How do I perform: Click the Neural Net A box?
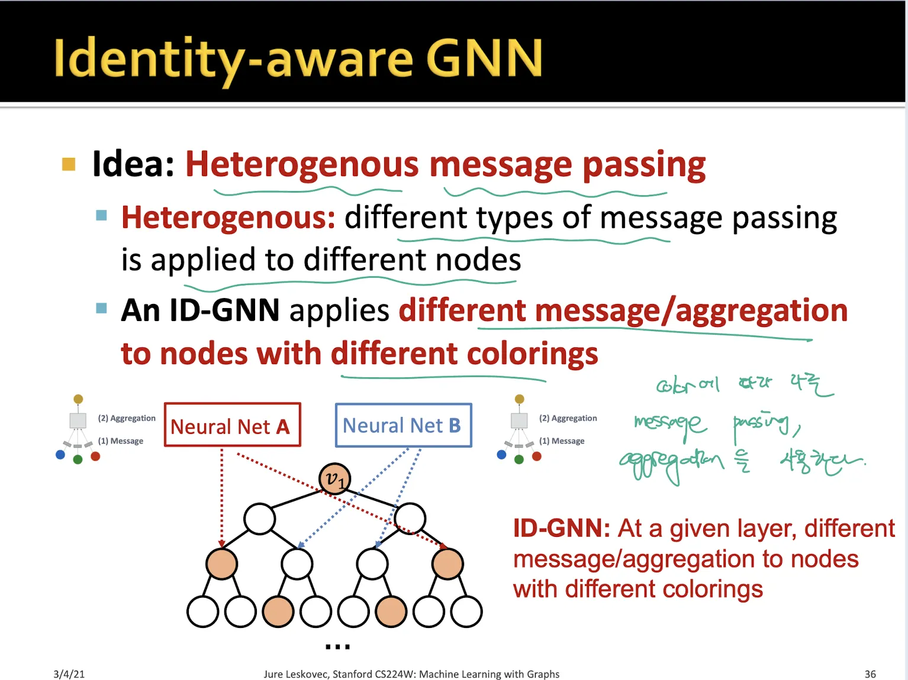232,425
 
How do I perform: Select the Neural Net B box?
403,425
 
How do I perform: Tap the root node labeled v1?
334,479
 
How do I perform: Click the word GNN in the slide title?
484,58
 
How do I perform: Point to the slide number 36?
870,674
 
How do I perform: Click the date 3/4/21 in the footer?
69,674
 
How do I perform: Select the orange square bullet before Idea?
69,164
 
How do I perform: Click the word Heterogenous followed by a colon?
228,218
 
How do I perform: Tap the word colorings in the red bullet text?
532,354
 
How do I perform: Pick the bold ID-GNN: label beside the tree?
561,528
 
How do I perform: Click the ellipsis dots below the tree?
337,646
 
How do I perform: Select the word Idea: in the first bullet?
134,164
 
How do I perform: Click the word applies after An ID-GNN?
339,310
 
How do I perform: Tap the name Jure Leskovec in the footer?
295,674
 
